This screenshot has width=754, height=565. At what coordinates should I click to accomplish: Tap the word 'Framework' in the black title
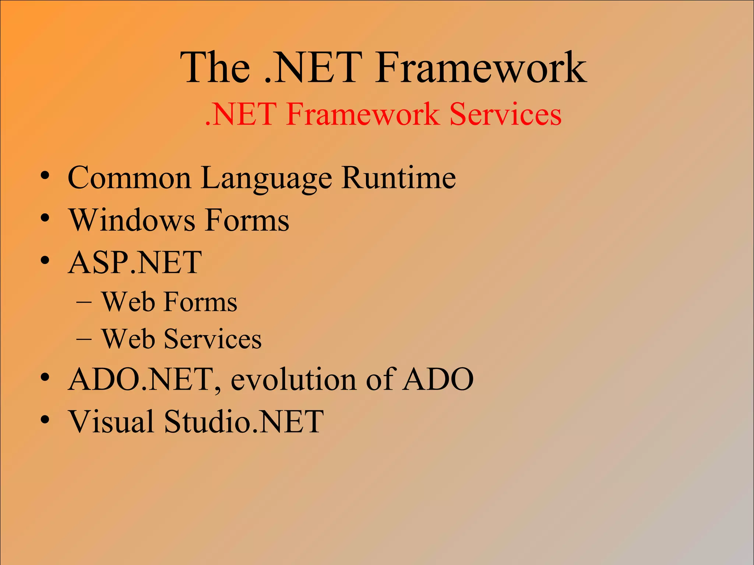coord(480,68)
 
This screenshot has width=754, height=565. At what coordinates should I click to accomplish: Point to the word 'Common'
coord(129,178)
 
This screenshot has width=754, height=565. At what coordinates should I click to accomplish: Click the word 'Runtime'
coord(399,178)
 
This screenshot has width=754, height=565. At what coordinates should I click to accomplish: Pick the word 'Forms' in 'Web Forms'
coord(200,302)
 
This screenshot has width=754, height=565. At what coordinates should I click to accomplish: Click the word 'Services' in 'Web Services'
coord(212,339)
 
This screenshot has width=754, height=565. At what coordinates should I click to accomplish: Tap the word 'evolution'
coord(293,379)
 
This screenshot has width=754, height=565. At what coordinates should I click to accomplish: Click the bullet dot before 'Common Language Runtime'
coord(45,175)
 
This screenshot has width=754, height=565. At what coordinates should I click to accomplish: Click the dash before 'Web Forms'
coord(84,303)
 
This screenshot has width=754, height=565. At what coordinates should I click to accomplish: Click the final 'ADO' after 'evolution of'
coord(438,379)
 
